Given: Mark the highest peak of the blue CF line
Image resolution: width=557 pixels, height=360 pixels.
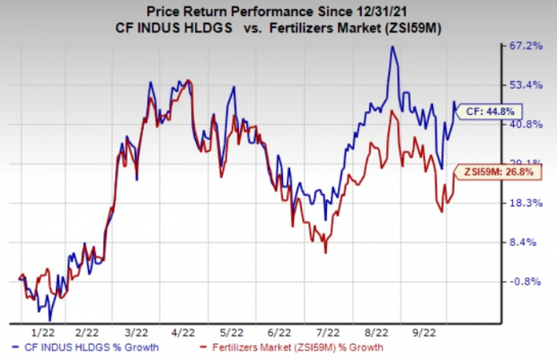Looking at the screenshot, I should click(393, 47).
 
